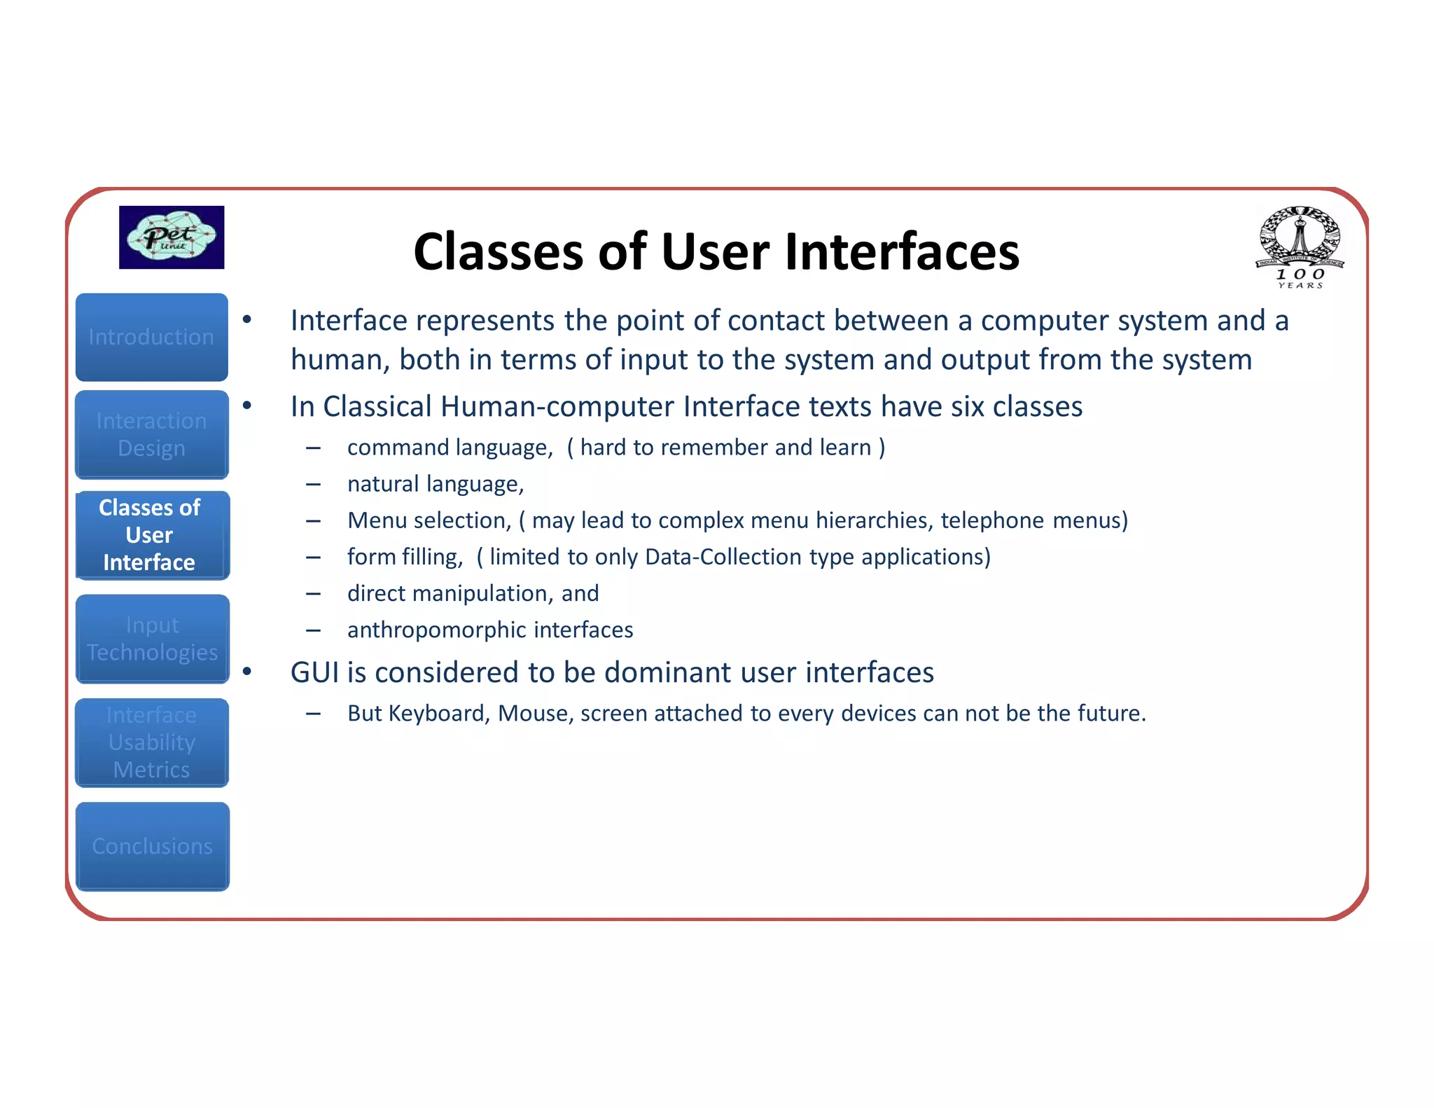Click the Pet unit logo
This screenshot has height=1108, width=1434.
tap(172, 237)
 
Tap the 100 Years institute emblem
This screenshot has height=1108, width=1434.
tap(1300, 247)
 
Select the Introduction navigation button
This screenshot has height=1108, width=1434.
tap(152, 337)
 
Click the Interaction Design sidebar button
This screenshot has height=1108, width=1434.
tap(152, 434)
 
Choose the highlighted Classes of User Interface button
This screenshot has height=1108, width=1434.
tap(152, 535)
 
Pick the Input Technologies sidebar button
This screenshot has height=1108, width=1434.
tap(152, 639)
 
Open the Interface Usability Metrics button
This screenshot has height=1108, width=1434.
tap(152, 742)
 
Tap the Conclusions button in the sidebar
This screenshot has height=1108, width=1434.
tap(152, 846)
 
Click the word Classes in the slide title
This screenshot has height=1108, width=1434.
tap(498, 251)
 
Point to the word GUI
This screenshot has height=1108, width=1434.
tap(314, 672)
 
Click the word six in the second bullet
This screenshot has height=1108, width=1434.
tap(968, 407)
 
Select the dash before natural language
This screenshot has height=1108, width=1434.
tap(313, 484)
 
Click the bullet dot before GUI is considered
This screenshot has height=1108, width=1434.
tap(246, 672)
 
